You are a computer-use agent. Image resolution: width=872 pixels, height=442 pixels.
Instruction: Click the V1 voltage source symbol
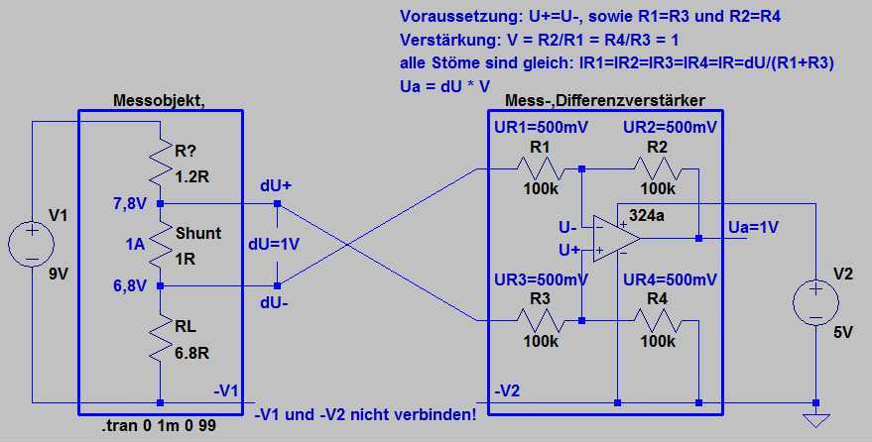point(33,243)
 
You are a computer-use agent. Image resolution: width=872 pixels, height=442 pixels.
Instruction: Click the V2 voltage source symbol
point(816,303)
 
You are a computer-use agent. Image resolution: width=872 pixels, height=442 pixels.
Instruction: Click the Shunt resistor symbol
point(160,245)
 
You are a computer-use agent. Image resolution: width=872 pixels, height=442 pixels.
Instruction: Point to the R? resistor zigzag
point(160,163)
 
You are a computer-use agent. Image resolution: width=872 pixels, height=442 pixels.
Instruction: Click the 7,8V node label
point(131,204)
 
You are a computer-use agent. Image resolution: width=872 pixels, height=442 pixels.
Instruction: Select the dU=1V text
point(275,244)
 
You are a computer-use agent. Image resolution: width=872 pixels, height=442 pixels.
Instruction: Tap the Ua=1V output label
point(754,227)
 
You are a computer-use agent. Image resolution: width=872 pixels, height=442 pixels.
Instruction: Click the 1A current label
point(135,244)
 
